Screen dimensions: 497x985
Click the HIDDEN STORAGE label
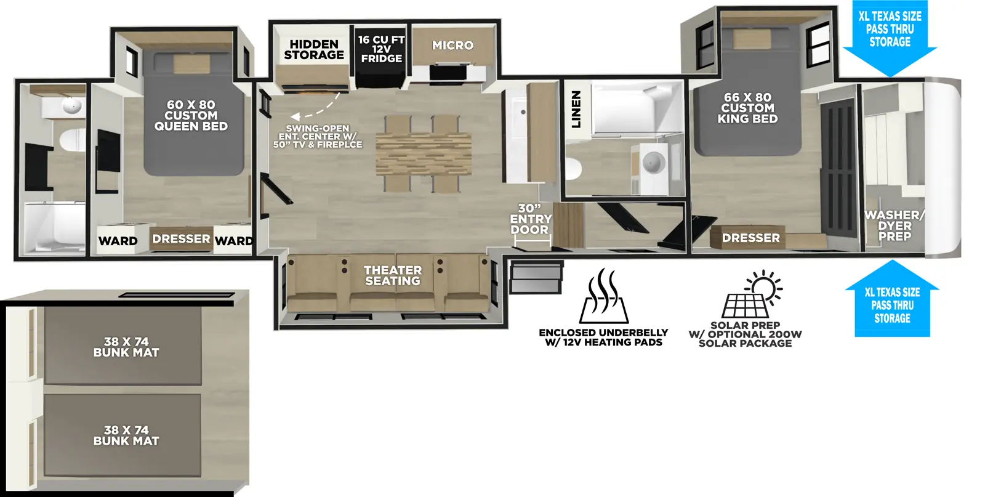[x=313, y=50]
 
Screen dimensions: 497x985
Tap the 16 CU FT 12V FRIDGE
[x=381, y=49]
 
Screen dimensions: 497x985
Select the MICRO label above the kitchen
[x=452, y=46]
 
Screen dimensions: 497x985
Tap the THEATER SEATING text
[x=392, y=275]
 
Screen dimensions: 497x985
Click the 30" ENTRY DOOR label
[x=530, y=219]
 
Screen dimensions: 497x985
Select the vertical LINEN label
[x=576, y=109]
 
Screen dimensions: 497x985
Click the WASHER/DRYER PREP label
[x=894, y=225]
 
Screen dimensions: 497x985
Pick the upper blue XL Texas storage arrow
[x=890, y=37]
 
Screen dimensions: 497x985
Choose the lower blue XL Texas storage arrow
[x=892, y=302]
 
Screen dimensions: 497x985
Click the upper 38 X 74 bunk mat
[x=126, y=347]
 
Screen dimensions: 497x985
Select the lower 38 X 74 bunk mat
[x=126, y=435]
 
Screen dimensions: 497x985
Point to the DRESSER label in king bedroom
[x=750, y=238]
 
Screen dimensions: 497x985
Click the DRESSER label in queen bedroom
[x=181, y=239]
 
